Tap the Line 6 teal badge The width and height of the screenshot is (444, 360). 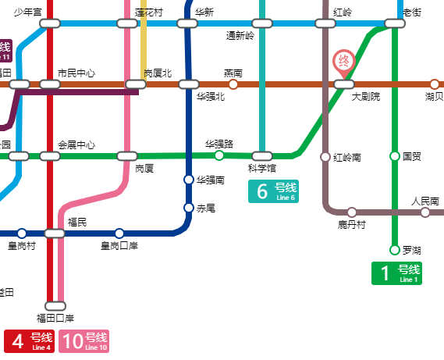272,191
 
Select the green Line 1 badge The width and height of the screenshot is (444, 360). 396,273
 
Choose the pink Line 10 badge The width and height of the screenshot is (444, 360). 84,341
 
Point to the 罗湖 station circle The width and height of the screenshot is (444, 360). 395,250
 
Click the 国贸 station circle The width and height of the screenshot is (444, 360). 395,156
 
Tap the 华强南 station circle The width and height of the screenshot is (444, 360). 188,180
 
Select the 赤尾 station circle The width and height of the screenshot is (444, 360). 188,208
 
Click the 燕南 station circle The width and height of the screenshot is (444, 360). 233,84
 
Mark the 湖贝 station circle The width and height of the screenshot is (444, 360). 435,84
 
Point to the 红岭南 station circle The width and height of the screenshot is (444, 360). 325,157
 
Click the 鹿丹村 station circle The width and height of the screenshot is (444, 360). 352,212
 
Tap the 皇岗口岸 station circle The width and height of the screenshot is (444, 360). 119,233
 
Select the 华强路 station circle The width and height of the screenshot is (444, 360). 219,155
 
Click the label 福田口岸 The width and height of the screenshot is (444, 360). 55,319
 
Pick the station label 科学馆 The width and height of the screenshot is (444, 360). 262,168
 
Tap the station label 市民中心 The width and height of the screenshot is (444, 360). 76,73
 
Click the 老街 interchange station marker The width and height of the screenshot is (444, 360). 395,23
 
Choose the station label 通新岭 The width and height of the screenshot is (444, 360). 240,35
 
